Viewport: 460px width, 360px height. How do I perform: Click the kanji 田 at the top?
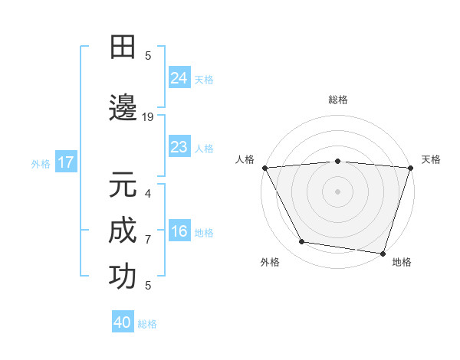point(123,47)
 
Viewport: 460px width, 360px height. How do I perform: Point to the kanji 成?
point(123,230)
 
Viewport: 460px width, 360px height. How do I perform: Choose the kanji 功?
point(123,277)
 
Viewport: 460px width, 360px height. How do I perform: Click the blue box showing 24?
point(179,78)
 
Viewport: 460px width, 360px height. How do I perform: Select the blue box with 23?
point(179,148)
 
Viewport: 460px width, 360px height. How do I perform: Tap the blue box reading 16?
point(179,232)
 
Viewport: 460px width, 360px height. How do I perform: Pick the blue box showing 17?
point(65,162)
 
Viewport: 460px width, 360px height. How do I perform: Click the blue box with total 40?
point(123,323)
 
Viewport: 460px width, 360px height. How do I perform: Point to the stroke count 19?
point(148,117)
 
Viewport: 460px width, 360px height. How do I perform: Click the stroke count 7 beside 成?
point(148,240)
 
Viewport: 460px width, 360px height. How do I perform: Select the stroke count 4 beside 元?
point(148,194)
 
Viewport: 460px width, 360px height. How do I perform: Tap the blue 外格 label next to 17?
point(41,163)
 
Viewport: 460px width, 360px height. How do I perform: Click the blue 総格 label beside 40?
point(147,324)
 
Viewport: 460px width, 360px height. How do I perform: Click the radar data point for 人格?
point(264,168)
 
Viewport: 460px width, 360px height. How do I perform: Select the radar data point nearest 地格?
point(383,253)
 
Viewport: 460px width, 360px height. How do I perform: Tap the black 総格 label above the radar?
point(337,100)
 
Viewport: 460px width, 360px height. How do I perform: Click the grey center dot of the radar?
point(337,191)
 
